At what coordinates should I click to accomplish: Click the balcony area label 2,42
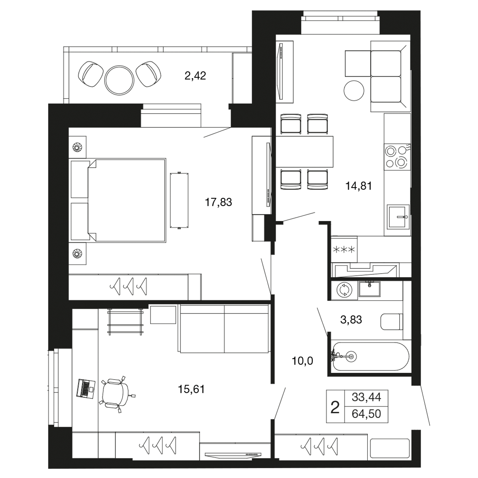(x=195, y=76)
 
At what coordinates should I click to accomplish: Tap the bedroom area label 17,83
(x=218, y=202)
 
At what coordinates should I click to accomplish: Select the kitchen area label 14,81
(x=358, y=186)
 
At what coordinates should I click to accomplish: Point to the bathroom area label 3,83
(x=351, y=320)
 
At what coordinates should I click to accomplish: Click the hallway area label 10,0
(x=302, y=361)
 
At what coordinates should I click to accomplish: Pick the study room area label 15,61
(x=191, y=389)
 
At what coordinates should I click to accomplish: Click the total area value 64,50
(x=366, y=413)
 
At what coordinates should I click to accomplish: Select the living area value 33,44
(x=366, y=398)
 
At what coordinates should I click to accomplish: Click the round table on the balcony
(x=119, y=80)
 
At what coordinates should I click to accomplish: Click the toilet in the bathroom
(x=392, y=322)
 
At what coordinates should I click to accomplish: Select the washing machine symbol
(x=345, y=290)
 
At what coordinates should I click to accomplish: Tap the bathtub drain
(x=351, y=356)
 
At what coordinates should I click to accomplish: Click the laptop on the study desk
(x=86, y=387)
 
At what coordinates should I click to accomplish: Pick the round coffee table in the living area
(x=354, y=90)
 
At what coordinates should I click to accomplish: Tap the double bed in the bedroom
(x=127, y=200)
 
